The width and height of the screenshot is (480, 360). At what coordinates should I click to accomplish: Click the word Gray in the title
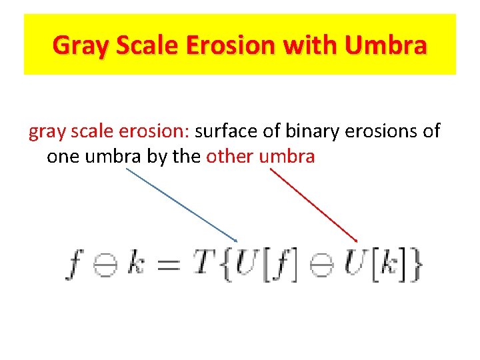click(x=75, y=46)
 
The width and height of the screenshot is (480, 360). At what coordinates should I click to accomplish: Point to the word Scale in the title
click(x=139, y=46)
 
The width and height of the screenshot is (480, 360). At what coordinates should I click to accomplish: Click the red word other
click(x=230, y=157)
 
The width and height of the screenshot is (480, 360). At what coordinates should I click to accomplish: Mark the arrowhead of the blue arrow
click(x=235, y=239)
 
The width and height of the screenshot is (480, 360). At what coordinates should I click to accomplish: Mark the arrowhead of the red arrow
click(x=356, y=240)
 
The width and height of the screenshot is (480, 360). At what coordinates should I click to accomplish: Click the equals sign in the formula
click(x=167, y=265)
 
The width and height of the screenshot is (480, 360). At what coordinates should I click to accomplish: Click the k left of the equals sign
click(x=135, y=265)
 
